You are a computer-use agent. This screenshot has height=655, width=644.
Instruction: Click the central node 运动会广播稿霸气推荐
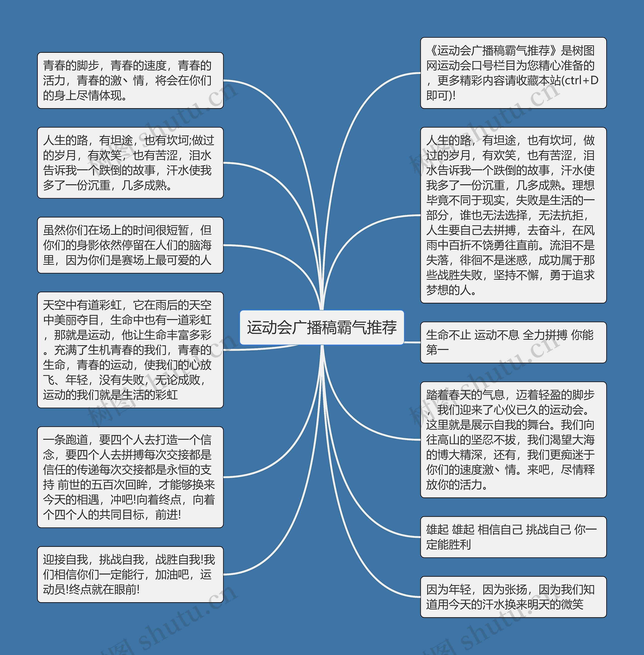click(x=322, y=327)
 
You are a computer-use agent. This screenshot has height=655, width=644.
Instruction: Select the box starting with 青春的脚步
click(x=130, y=80)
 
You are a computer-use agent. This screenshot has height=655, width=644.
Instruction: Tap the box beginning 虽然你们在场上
click(x=130, y=245)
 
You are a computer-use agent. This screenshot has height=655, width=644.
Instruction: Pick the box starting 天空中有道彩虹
click(x=130, y=350)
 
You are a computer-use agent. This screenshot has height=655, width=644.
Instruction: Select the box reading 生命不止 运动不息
click(x=513, y=342)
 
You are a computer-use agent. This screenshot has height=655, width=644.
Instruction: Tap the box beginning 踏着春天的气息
click(x=513, y=439)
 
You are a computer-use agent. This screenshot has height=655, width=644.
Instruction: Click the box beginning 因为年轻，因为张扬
click(x=513, y=597)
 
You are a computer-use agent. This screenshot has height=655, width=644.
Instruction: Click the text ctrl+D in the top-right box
click(x=582, y=80)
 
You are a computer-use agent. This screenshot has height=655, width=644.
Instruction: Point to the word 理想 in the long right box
click(x=583, y=185)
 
